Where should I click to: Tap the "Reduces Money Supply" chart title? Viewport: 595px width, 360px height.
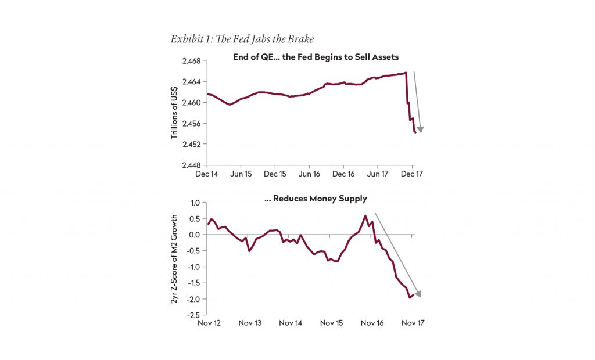(316, 199)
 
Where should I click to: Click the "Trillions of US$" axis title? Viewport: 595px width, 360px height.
(174, 113)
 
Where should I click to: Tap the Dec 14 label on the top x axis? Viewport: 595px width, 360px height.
(207, 174)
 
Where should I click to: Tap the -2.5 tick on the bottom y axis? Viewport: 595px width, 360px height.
(193, 315)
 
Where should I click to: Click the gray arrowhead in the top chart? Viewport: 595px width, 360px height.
(421, 129)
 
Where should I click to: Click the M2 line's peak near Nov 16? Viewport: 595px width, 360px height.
(365, 216)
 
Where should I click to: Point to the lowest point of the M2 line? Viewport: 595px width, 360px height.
(408, 298)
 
